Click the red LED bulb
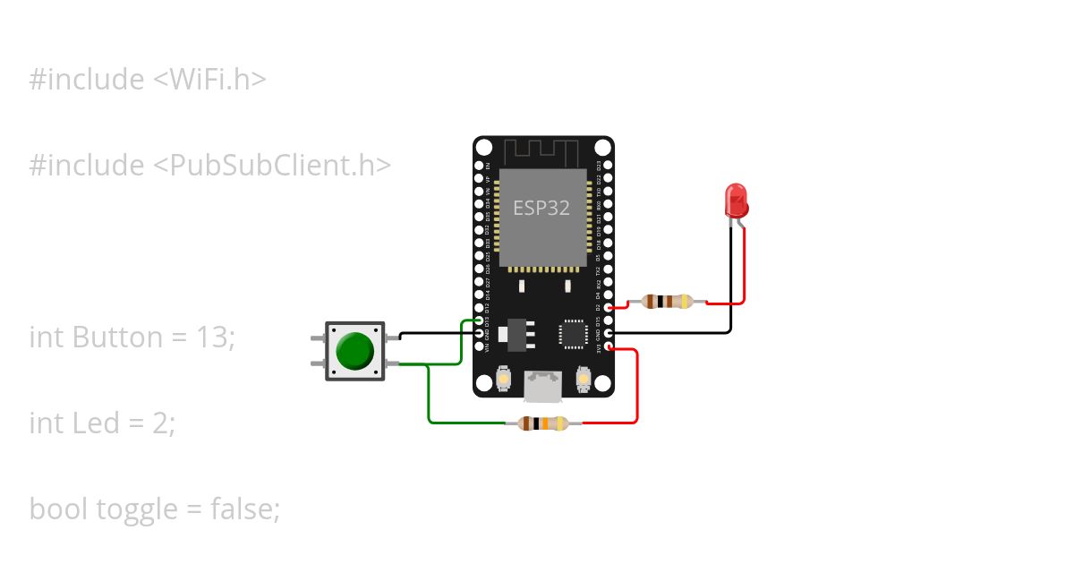pyautogui.click(x=737, y=200)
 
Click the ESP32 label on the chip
pyautogui.click(x=541, y=208)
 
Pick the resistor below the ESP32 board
pyautogui.click(x=543, y=423)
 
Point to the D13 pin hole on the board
pyautogui.click(x=480, y=320)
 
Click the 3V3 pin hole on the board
pyautogui.click(x=609, y=346)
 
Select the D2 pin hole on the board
pyautogui.click(x=609, y=307)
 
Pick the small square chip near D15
pyautogui.click(x=572, y=333)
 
